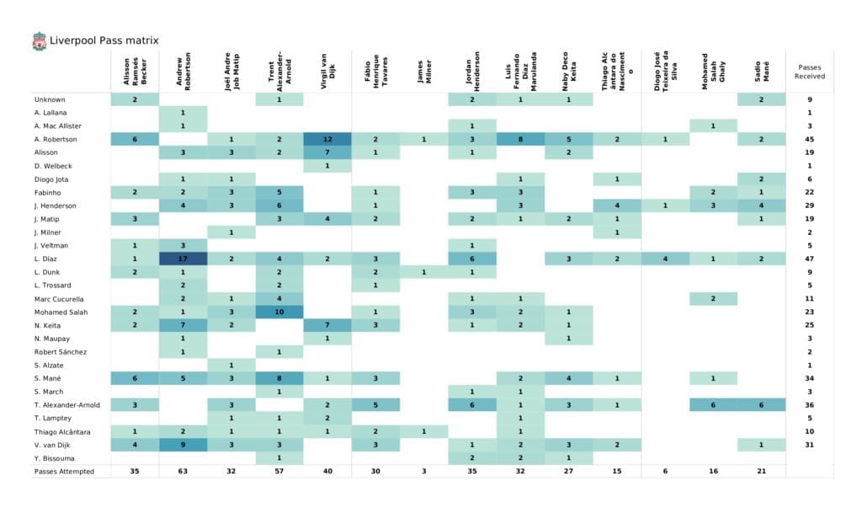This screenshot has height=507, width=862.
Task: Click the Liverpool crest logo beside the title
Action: point(39,40)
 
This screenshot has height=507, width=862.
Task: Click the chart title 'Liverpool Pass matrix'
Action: point(104,40)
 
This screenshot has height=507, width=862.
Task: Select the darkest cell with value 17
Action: point(183,259)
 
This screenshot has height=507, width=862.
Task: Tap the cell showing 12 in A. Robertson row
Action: point(327,139)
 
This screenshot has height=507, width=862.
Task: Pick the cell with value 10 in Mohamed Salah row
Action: point(279,312)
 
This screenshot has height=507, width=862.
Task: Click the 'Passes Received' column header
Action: point(809,71)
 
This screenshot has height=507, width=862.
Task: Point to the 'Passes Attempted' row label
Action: point(64,471)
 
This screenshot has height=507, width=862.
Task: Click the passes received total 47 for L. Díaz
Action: point(809,259)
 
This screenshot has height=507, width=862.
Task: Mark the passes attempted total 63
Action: point(183,471)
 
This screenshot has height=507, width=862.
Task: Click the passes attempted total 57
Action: point(279,471)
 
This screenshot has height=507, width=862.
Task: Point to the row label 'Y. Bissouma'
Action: point(55,457)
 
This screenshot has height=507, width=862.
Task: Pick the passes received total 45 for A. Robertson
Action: point(809,139)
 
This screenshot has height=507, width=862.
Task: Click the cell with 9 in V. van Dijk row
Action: point(183,444)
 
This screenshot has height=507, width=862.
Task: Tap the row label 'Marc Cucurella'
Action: point(59,298)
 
